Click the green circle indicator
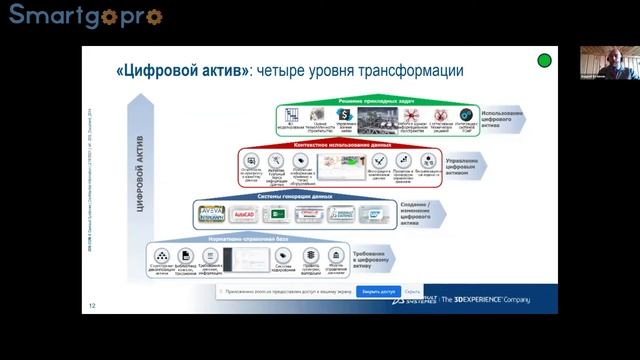(544, 60)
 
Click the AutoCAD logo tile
(244, 215)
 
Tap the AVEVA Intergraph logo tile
(211, 214)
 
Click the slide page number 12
(92, 306)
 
